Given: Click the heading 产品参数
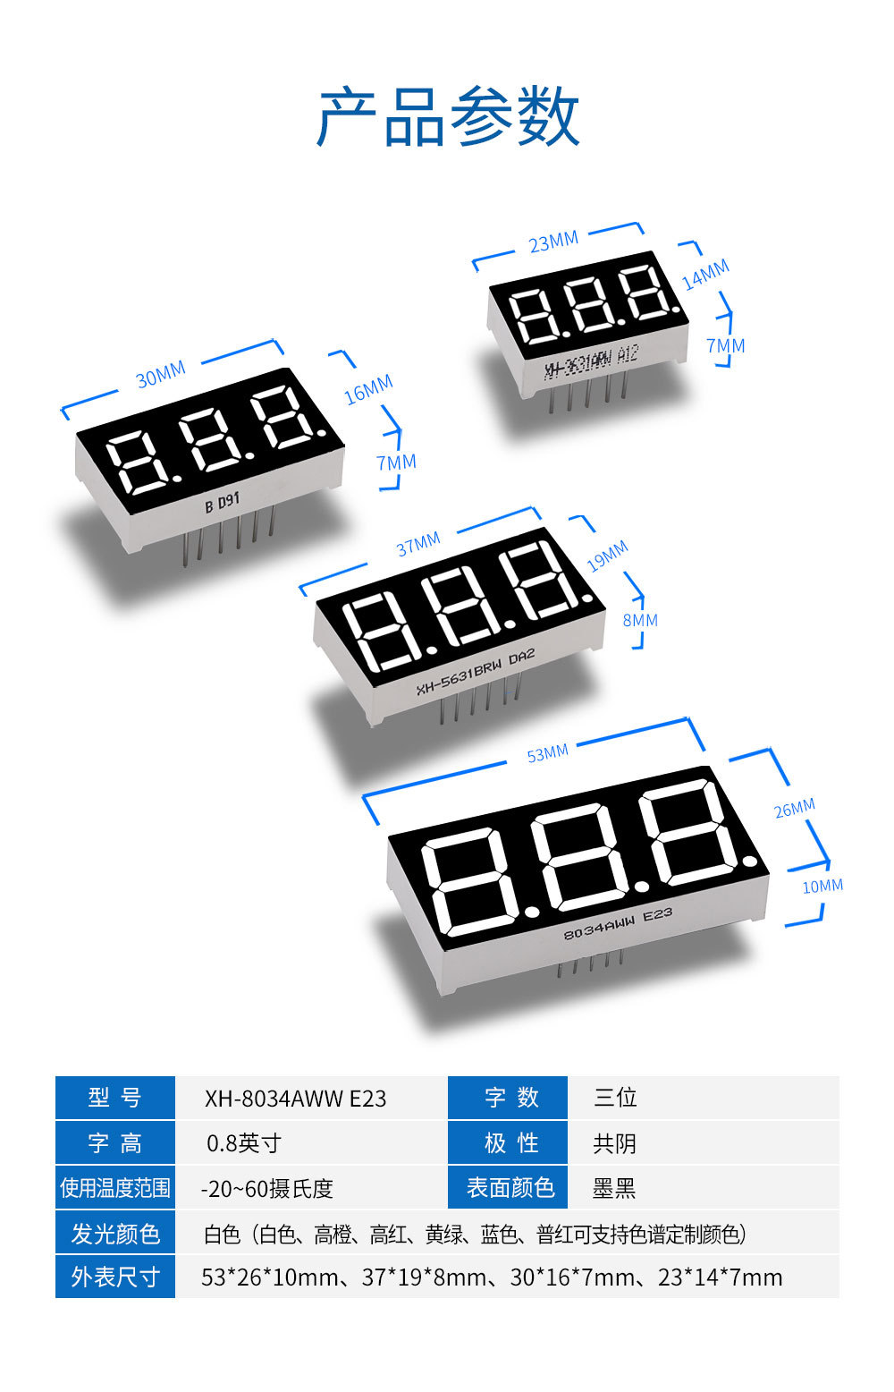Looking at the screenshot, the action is coord(448,117).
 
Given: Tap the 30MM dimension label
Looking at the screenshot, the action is coord(160,376).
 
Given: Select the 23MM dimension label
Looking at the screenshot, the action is coord(553,242).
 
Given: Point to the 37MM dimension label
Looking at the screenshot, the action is coord(418,543).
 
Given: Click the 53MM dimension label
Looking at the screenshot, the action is coord(547,753).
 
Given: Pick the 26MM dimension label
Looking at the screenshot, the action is coord(794,808).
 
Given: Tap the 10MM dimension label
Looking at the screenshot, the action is coord(822,886).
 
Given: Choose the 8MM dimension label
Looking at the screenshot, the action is coord(640,620).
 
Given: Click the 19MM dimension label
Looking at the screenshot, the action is coord(607,556).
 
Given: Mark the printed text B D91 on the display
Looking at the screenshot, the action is coord(222,502).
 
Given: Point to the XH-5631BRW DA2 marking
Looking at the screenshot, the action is coord(475,672).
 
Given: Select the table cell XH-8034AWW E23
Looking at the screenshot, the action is coord(295,1099).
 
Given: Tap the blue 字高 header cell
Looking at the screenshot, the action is coord(114,1143).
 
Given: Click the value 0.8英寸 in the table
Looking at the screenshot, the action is coord(243,1143).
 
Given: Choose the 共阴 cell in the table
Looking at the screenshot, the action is coord(614,1143).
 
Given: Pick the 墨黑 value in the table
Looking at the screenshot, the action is coord(613,1188).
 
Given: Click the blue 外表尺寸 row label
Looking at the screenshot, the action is coord(114,1277).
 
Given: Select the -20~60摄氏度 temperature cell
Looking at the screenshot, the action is coord(266,1188).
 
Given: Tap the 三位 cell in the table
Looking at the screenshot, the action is coord(614,1098).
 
